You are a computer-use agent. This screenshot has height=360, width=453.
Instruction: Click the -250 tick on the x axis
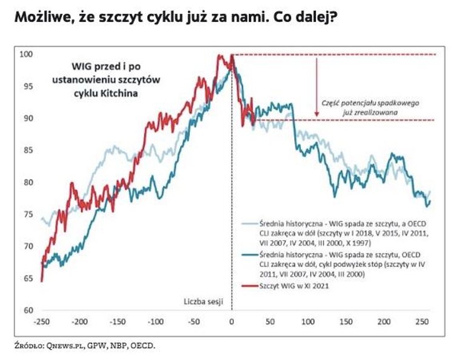click(42, 321)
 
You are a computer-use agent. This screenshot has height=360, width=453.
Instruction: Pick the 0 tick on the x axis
click(232, 321)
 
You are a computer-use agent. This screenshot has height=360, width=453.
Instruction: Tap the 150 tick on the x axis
click(345, 321)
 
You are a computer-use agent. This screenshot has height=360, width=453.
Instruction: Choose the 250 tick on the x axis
click(421, 321)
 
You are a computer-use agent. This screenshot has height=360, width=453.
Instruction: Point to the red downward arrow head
click(317, 113)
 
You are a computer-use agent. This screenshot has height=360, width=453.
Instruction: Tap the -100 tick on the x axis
click(156, 321)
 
